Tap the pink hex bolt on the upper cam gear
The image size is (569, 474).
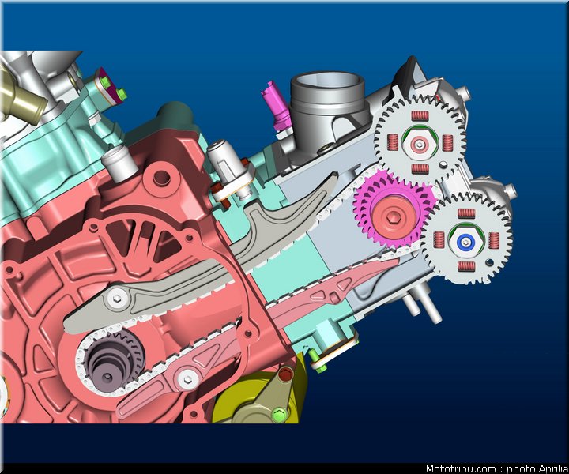pos(420,145)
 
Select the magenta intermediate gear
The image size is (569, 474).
pos(394,211)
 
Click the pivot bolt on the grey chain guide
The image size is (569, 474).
pos(117,299)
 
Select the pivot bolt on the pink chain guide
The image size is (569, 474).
pos(187,380)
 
